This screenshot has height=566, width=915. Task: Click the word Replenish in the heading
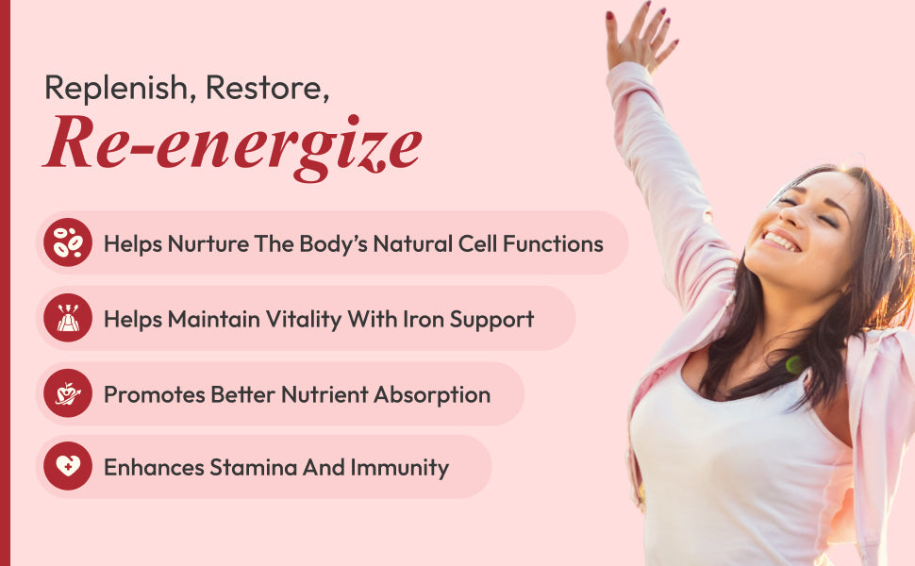(117, 89)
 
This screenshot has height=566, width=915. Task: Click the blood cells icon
(68, 242)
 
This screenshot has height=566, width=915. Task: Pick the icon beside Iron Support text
(68, 317)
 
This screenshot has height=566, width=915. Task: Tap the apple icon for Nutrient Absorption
(68, 392)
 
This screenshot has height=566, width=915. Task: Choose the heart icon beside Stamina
(68, 466)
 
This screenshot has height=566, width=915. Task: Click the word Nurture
(208, 244)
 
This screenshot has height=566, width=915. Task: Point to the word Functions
(553, 244)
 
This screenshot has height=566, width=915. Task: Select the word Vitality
(304, 319)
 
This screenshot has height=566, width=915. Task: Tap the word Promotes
(154, 395)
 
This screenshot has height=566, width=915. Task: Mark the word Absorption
(432, 395)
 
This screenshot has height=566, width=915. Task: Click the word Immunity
(400, 468)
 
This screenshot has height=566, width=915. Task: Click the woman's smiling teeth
(781, 241)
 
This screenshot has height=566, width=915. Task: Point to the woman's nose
(792, 215)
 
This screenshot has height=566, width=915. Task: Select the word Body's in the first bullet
(333, 244)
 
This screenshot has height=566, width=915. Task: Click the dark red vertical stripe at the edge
(6, 283)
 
